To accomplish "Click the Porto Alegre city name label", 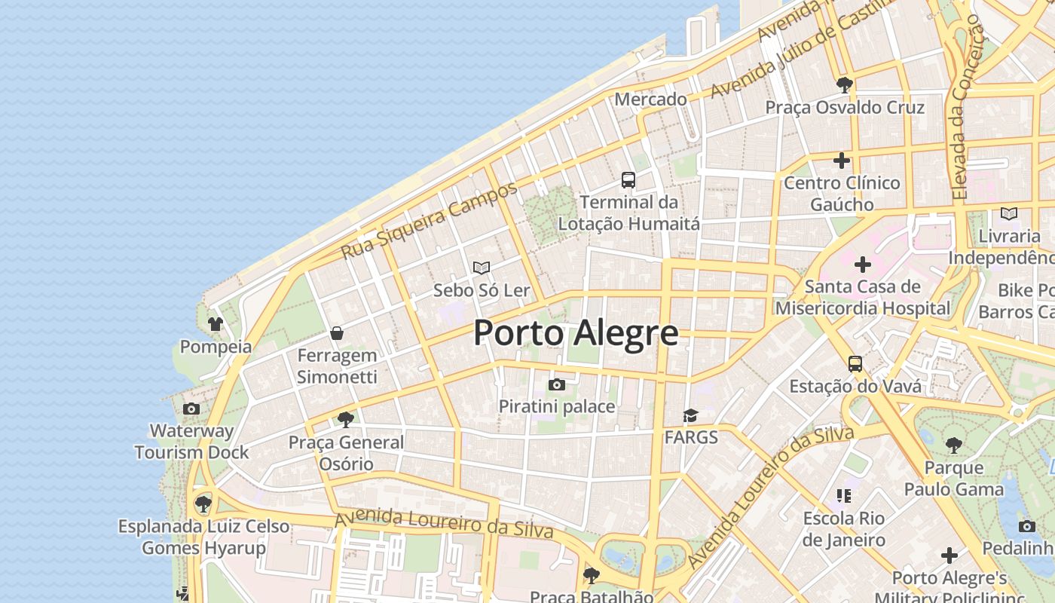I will click(x=576, y=333).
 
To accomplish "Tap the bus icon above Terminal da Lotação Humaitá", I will click(x=628, y=180).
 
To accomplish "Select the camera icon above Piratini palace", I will click(x=557, y=385).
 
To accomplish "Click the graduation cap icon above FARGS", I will click(x=690, y=415).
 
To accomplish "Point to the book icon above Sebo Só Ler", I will click(x=482, y=268).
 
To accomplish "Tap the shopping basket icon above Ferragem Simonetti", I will click(x=337, y=333).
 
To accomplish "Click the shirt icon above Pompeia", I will click(x=216, y=325).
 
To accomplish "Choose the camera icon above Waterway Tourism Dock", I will click(x=191, y=409).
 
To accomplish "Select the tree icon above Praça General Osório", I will click(x=346, y=420).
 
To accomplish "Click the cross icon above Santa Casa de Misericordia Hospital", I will click(x=863, y=265).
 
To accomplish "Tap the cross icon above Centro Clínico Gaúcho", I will click(x=842, y=161).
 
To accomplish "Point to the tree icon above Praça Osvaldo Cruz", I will click(x=845, y=85).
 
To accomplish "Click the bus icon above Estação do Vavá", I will click(x=855, y=364).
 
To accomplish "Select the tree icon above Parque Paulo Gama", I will click(x=954, y=445).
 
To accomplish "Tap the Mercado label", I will click(x=651, y=99).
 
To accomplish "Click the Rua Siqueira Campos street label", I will click(x=429, y=220).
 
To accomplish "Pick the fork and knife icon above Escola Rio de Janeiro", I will click(x=843, y=496).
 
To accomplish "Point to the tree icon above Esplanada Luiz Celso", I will click(x=203, y=504).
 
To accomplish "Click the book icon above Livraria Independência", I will click(x=1009, y=214).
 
